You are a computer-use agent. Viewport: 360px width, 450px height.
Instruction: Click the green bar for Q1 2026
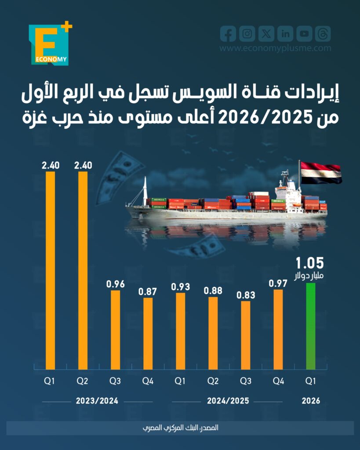click(311, 326)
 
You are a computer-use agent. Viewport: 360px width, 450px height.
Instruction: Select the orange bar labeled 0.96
click(115, 330)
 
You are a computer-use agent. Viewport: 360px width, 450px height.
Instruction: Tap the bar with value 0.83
click(246, 335)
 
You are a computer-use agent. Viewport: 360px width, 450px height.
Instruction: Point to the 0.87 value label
click(148, 291)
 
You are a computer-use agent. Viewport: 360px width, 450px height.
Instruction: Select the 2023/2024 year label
click(97, 401)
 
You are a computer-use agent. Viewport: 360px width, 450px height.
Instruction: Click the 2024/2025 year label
click(228, 401)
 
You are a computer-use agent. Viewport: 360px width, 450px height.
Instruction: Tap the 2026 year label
click(311, 401)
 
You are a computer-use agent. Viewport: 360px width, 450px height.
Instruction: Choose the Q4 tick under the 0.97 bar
click(278, 381)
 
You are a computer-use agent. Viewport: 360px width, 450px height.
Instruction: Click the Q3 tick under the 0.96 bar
click(115, 381)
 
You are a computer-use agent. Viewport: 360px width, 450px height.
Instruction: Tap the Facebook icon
click(228, 34)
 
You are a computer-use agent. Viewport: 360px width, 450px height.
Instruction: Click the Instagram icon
click(247, 34)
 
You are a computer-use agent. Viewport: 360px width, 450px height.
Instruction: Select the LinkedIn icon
click(286, 34)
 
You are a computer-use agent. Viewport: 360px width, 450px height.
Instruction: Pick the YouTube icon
click(304, 34)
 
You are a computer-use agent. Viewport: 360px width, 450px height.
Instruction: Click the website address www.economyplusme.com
click(275, 48)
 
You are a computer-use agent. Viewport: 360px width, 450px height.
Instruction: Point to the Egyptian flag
click(320, 173)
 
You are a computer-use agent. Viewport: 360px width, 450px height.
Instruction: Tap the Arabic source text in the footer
click(180, 428)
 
